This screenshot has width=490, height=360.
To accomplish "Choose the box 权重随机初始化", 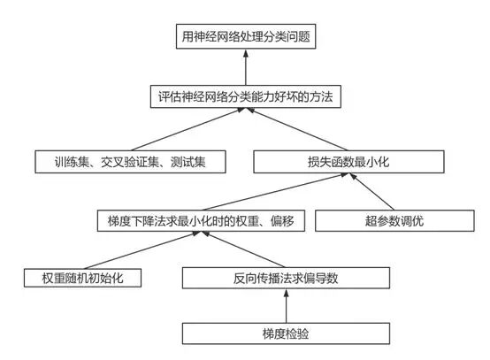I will point(84,278).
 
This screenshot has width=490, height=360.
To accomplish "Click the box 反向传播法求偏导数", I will point(285,278).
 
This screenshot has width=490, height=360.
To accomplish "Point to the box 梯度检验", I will point(285,333).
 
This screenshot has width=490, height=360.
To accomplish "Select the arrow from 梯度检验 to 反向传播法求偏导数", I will point(285,306).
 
